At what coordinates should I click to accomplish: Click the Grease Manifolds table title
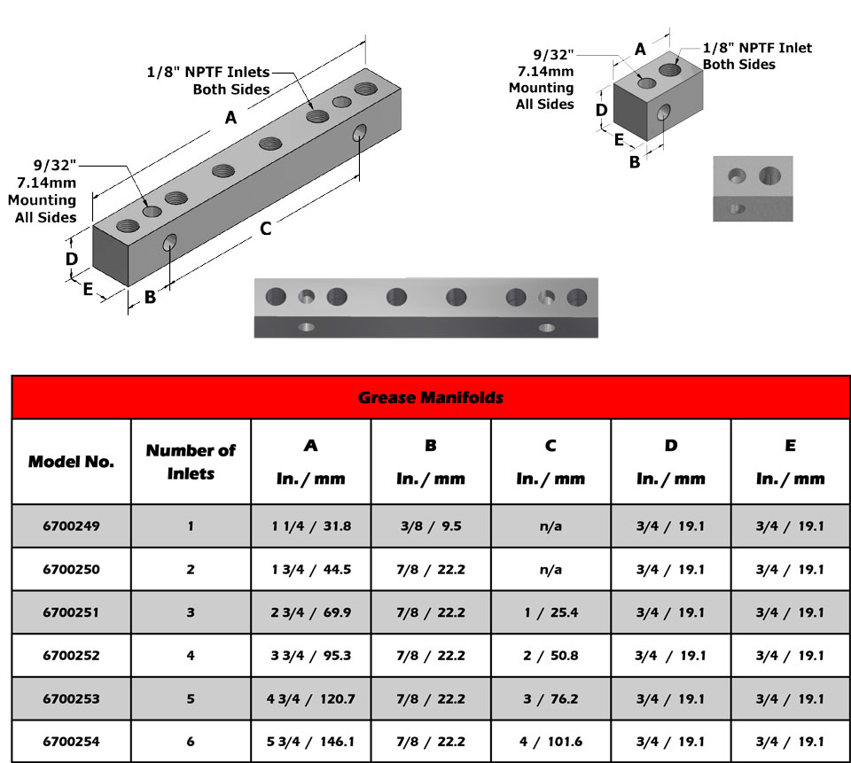(430, 398)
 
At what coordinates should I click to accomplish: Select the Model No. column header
(71, 462)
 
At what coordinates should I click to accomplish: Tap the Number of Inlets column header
(191, 462)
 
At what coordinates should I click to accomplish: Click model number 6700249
(71, 526)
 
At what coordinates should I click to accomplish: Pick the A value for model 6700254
(311, 742)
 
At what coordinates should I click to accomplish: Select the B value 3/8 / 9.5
(430, 526)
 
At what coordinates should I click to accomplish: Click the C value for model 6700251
(550, 612)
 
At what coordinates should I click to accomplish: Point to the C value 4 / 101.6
(550, 742)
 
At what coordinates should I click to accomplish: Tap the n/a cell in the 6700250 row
(550, 570)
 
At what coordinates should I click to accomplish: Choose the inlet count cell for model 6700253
(191, 699)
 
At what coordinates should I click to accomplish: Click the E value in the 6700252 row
(790, 656)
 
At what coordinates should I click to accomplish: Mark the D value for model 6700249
(670, 526)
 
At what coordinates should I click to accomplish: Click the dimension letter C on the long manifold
(265, 229)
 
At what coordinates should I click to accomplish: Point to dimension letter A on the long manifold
(230, 117)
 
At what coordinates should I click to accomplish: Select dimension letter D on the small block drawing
(600, 111)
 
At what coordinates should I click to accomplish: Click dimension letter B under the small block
(635, 162)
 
